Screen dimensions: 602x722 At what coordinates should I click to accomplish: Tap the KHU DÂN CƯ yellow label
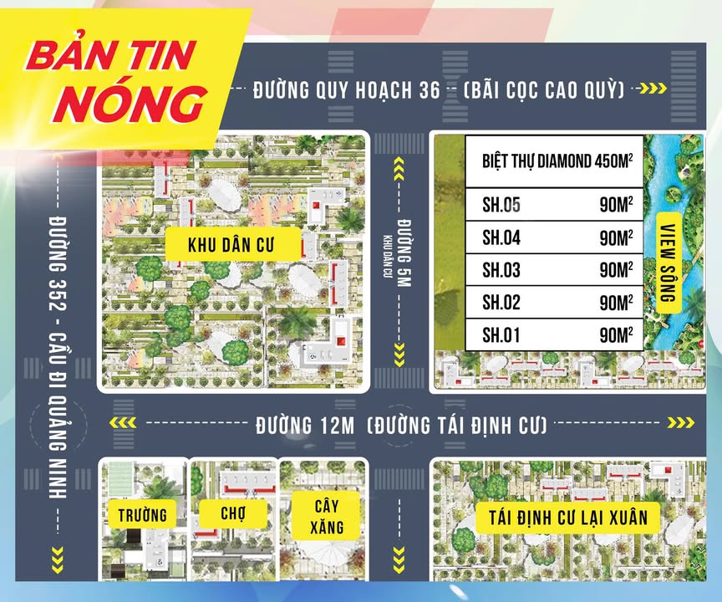[220, 246]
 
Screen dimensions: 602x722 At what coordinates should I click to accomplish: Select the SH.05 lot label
[501, 204]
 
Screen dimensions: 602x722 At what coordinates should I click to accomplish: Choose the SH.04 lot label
[501, 237]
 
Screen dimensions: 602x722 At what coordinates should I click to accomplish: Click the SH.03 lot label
[501, 270]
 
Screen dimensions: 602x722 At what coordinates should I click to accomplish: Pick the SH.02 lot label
[501, 303]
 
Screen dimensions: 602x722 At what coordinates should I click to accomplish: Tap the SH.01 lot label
[501, 335]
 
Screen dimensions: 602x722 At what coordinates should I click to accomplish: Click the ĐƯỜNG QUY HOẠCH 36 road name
[346, 89]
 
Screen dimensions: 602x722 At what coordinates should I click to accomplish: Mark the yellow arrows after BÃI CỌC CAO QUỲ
[651, 89]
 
